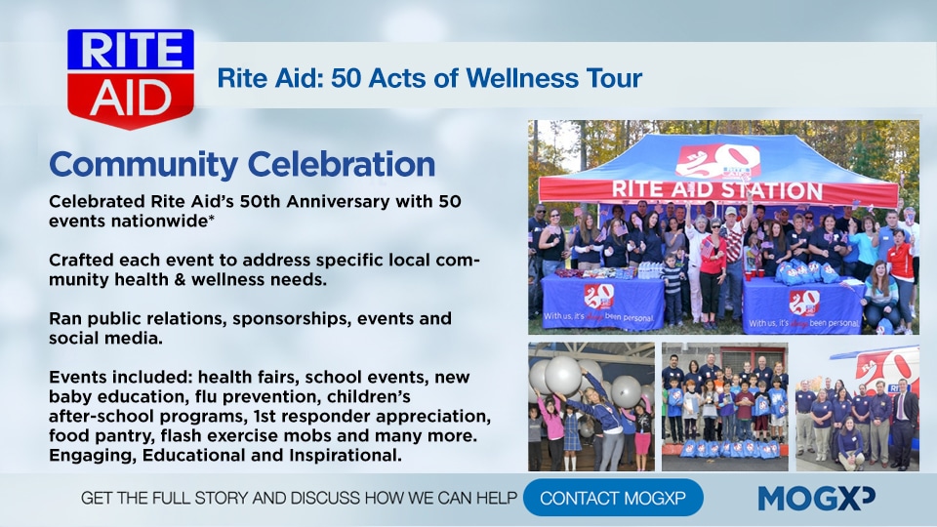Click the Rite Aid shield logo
click(130, 78)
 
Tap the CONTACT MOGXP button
click(613, 498)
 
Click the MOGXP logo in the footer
click(816, 499)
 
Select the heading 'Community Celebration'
click(242, 165)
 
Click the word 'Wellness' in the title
click(522, 78)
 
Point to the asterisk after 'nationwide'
click(211, 219)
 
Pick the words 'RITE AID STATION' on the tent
click(717, 190)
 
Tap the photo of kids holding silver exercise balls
click(591, 407)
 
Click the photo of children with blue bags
click(725, 407)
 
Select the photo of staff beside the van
click(858, 407)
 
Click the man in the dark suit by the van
click(904, 423)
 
